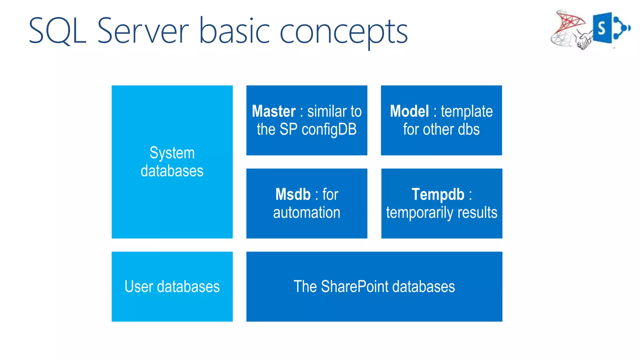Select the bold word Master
click(274, 111)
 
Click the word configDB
click(329, 130)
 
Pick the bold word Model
click(409, 111)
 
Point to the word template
click(467, 112)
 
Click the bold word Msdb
click(293, 194)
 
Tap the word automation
click(307, 212)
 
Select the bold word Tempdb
click(438, 194)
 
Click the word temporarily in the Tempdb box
click(420, 213)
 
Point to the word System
click(172, 153)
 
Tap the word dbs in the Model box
click(468, 130)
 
